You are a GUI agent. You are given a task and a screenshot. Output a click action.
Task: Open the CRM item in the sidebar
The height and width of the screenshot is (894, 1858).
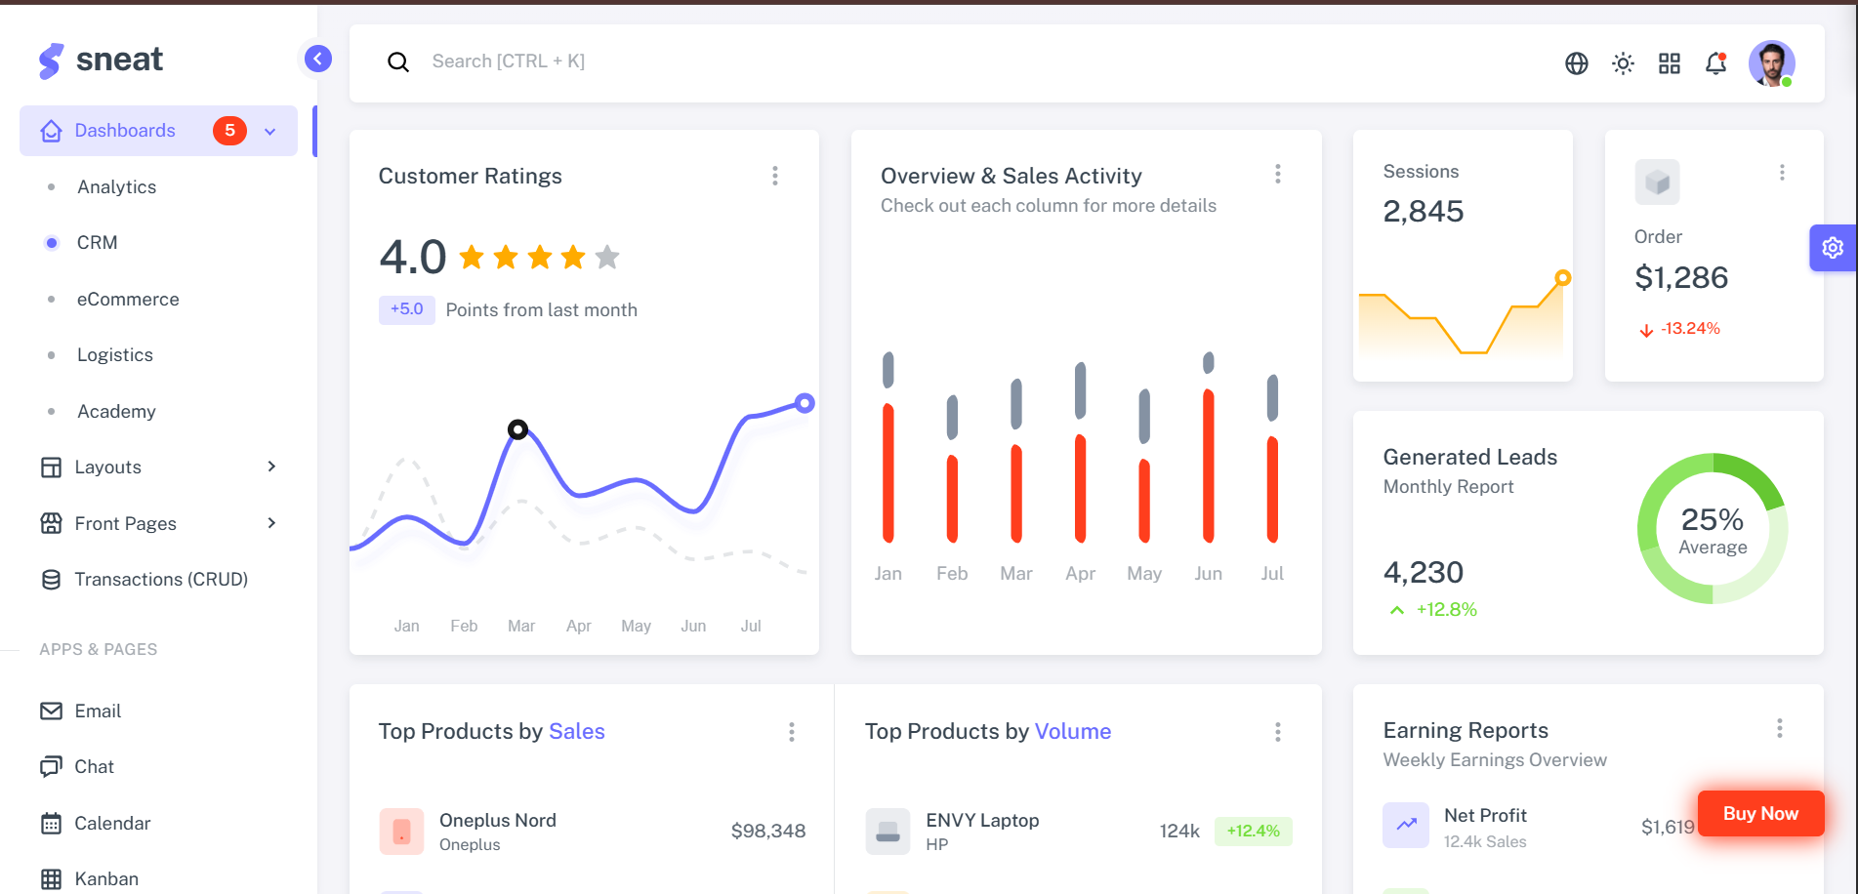[x=97, y=243]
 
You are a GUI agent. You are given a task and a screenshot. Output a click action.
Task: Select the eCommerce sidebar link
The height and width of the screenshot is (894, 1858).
[x=128, y=300]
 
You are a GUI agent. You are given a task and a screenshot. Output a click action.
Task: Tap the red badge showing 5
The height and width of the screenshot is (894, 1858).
[x=229, y=131]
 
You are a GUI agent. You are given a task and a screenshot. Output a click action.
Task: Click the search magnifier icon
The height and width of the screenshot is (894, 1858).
[x=398, y=62]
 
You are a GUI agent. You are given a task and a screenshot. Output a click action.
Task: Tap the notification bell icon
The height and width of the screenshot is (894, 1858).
[x=1715, y=63]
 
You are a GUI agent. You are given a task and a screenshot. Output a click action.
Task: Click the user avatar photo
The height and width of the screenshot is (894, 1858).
[x=1771, y=63]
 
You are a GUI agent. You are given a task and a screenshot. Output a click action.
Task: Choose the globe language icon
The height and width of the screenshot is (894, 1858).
[x=1576, y=63]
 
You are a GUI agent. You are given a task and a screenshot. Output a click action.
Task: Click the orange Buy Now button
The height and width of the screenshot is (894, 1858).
[x=1760, y=814]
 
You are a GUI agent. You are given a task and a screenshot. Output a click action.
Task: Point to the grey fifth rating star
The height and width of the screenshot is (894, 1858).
[x=607, y=257]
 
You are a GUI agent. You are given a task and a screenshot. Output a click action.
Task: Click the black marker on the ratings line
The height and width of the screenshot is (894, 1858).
[x=517, y=429]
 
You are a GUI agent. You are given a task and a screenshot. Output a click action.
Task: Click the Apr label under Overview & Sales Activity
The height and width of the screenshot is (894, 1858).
[x=1080, y=574]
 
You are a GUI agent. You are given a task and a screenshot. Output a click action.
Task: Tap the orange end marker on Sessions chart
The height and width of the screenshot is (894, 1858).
[x=1563, y=278]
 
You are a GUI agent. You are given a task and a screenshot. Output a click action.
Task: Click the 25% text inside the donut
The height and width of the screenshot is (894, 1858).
[x=1712, y=519]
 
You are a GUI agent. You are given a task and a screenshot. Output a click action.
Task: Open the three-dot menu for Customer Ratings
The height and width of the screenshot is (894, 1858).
[x=775, y=176]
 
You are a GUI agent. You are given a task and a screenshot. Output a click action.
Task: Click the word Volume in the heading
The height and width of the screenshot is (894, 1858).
[x=1072, y=732]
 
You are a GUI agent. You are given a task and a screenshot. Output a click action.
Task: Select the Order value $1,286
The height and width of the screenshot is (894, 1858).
[x=1681, y=278]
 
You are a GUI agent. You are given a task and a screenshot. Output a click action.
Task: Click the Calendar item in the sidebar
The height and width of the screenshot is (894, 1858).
[x=112, y=824]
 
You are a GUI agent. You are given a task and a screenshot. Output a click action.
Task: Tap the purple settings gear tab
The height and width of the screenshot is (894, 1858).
[x=1833, y=248]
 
